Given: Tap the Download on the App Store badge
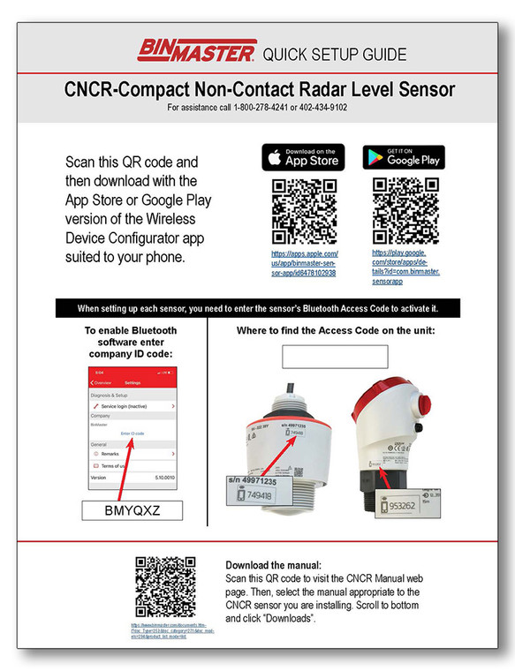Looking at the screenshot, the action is tap(303, 157).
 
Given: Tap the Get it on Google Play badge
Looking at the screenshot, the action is tap(404, 157).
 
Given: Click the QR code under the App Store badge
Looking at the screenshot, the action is tap(302, 210).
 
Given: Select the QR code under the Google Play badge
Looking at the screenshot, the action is tap(405, 210).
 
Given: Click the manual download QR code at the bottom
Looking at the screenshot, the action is tap(165, 586).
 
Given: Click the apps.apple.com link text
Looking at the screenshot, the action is tap(303, 263).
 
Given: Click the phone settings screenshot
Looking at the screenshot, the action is tap(133, 427).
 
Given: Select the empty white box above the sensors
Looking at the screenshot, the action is tap(335, 357).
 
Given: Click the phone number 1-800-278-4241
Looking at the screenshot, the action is tap(261, 108).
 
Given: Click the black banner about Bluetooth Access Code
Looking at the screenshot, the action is tap(257, 308).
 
